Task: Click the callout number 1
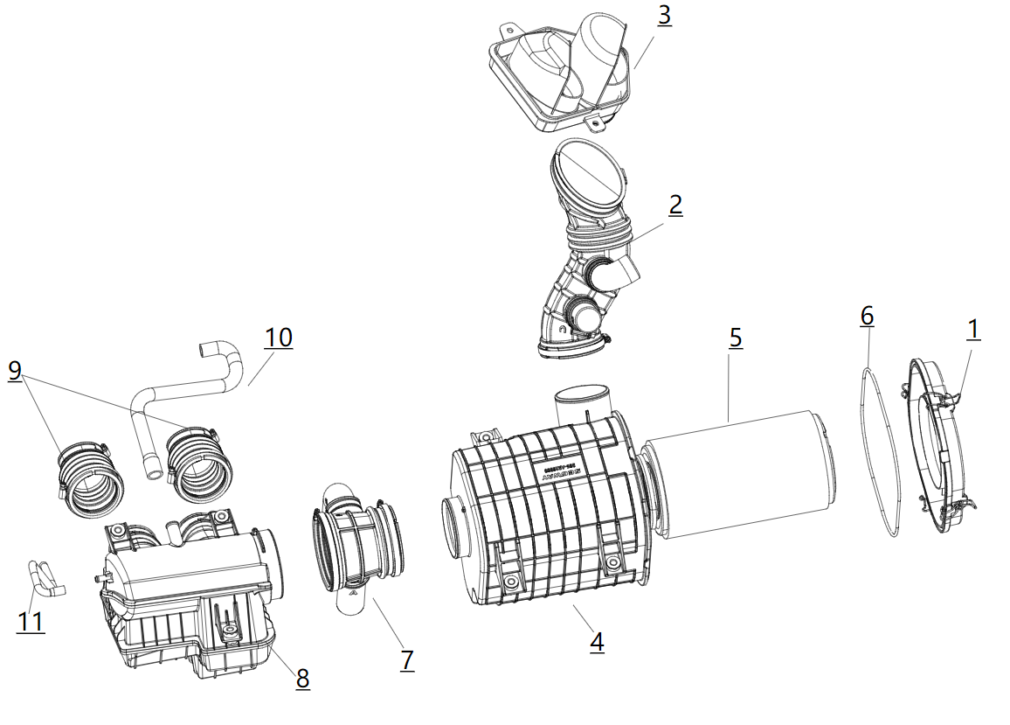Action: coord(972,330)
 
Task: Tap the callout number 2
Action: coord(675,205)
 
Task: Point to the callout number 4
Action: coord(597,643)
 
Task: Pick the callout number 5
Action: coord(736,338)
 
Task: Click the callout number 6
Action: coord(866,316)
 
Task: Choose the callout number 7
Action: coord(407,659)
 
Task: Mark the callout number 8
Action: coord(302,678)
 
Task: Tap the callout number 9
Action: coord(15,370)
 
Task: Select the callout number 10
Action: coord(279,337)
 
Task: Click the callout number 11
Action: coord(31,622)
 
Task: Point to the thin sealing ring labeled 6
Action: coord(881,455)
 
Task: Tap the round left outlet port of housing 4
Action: coord(457,525)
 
